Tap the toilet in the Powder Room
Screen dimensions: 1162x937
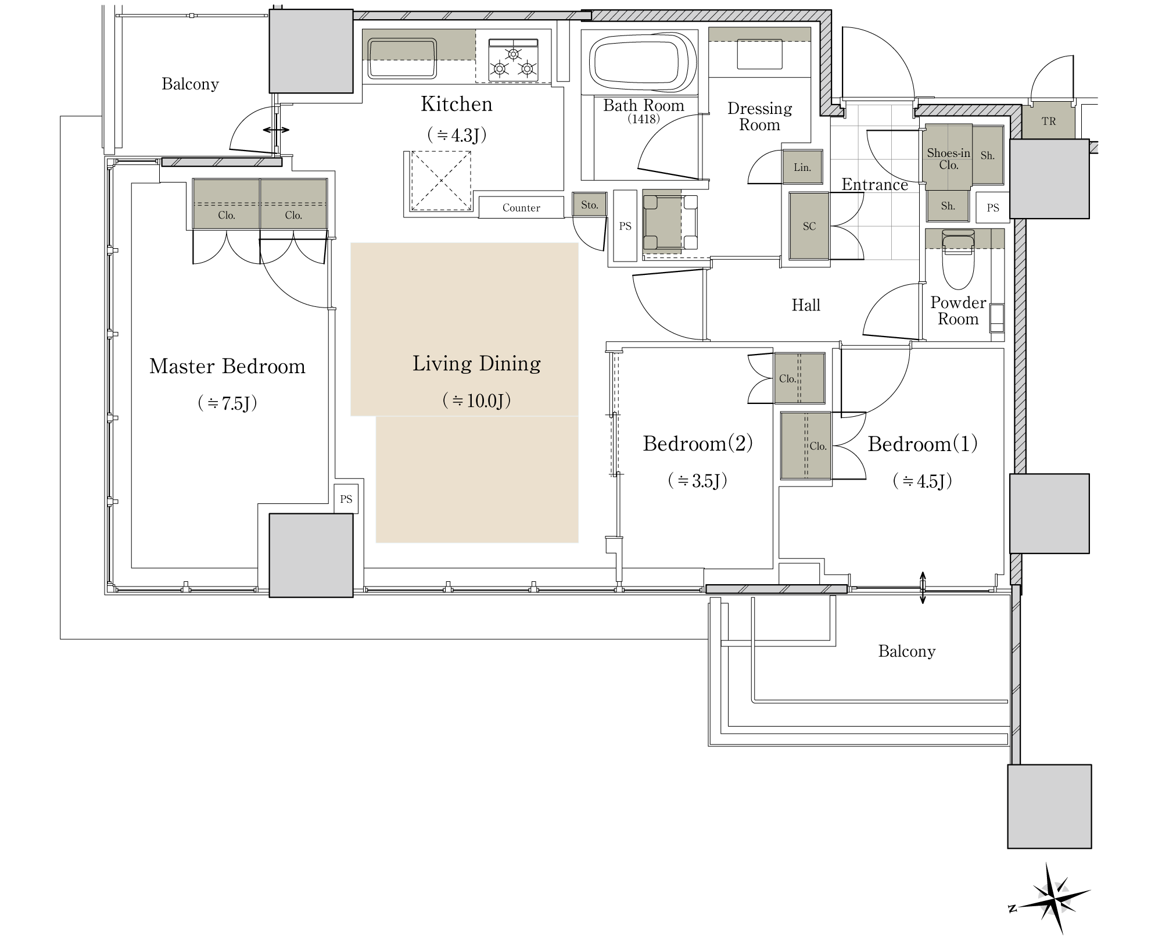click(x=958, y=260)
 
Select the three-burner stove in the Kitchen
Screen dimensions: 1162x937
click(x=513, y=60)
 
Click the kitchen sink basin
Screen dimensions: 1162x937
click(x=402, y=58)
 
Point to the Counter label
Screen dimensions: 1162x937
click(x=521, y=208)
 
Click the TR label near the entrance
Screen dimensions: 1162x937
click(x=1049, y=121)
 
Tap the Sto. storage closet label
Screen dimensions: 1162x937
click(x=589, y=205)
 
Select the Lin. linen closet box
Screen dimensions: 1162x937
click(x=802, y=167)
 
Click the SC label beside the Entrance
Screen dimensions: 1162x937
click(x=809, y=226)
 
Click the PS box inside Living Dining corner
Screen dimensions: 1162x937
click(x=346, y=499)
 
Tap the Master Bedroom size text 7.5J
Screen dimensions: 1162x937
click(x=227, y=403)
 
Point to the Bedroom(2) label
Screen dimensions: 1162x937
click(x=698, y=444)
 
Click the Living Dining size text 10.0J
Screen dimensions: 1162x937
click(x=476, y=400)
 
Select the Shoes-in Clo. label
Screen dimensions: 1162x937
click(x=949, y=159)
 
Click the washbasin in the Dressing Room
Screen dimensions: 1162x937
click(x=759, y=54)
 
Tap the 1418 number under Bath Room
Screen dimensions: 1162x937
click(x=643, y=119)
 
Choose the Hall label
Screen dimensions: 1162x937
click(x=806, y=305)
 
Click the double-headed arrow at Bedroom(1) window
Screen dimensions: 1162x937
click(x=923, y=588)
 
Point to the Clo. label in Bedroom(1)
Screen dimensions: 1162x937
click(x=818, y=446)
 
